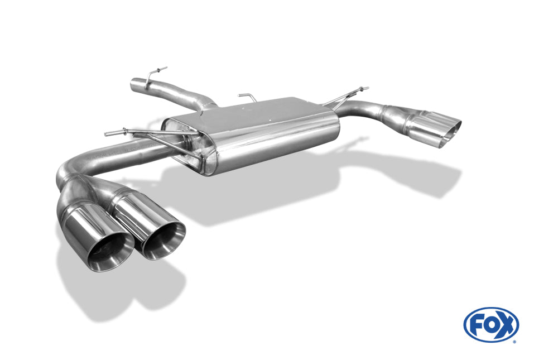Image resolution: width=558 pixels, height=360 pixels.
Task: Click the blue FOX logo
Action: pos(491,324)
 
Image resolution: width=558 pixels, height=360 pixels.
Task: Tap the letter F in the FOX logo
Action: pos(476,325)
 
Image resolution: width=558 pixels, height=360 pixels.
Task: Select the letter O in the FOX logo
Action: pos(490,325)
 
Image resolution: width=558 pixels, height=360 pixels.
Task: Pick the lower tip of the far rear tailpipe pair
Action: pos(446,137)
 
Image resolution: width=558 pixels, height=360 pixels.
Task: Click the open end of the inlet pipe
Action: pos(134,85)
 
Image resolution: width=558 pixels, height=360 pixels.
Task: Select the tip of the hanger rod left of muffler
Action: pos(107,133)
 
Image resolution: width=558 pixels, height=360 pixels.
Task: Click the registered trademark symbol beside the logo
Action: pos(514,341)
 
